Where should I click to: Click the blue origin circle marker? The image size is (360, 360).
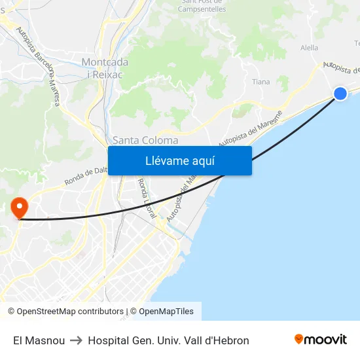tap(340, 94)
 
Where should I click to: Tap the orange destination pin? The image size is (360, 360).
tap(20, 207)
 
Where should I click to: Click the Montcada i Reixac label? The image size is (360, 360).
tap(105, 67)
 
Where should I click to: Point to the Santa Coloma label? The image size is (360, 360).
tap(145, 140)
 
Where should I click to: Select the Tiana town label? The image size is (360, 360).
tap(261, 82)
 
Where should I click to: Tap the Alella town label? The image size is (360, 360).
tap(309, 48)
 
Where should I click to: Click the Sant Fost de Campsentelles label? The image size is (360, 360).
tap(202, 6)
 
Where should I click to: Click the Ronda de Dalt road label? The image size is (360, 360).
tap(85, 177)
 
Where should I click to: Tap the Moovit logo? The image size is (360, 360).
tap(321, 340)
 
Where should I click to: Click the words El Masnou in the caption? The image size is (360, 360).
tap(39, 340)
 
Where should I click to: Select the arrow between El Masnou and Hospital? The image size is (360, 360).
tap(77, 340)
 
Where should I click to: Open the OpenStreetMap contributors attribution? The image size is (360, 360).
tap(65, 312)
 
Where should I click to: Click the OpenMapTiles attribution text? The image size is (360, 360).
tap(166, 312)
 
